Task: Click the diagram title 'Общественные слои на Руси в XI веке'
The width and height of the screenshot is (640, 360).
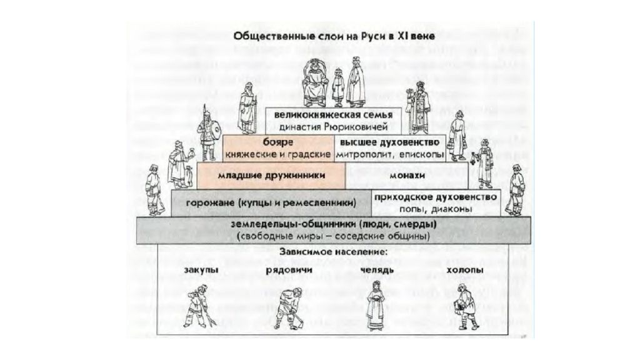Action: [334, 36]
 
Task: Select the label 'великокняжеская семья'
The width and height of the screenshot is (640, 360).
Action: [333, 115]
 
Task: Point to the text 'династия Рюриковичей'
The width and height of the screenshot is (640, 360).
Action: [333, 127]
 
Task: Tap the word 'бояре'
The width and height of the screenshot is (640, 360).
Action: [278, 142]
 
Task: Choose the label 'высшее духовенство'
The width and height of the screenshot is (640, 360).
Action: [389, 142]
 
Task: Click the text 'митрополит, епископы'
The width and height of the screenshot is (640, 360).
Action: [390, 155]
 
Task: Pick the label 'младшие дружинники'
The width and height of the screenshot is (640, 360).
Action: [271, 176]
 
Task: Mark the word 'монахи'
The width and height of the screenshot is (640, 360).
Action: [407, 176]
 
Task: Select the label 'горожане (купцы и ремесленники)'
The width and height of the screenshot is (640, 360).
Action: [271, 202]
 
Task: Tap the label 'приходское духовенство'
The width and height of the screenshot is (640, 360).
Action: [436, 197]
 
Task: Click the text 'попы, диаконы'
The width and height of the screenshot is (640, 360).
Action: [436, 209]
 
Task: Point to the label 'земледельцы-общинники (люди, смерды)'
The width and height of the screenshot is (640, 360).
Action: [334, 224]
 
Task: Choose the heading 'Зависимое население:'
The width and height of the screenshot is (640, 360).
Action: [334, 252]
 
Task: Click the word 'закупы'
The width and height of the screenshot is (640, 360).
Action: [201, 270]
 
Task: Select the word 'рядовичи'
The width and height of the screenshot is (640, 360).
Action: [289, 270]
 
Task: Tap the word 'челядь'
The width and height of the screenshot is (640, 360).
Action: [377, 270]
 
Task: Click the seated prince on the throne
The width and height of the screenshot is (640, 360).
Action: [314, 84]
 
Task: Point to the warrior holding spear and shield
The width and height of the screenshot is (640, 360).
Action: [207, 132]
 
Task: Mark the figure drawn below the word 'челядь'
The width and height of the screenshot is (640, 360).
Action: [375, 305]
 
